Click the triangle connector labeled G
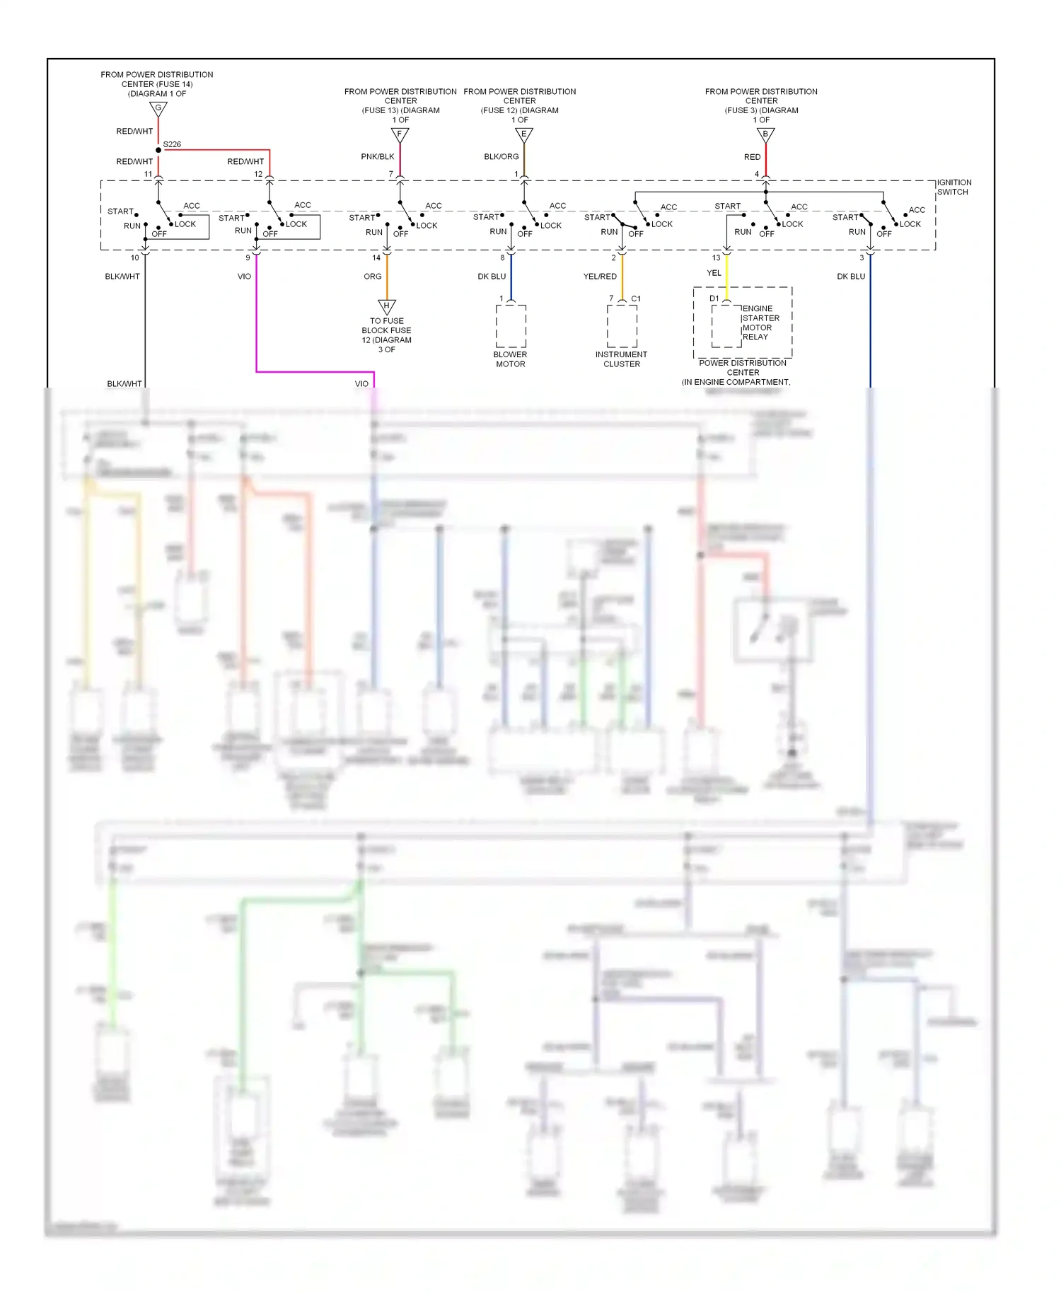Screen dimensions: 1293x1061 158,109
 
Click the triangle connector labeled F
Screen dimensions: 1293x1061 400,134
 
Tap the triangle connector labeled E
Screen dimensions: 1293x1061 523,134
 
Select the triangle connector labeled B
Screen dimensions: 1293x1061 765,134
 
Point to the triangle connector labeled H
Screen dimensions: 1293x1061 386,306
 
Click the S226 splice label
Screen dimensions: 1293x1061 172,144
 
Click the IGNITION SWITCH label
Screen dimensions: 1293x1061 953,187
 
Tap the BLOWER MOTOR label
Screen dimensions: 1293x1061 510,359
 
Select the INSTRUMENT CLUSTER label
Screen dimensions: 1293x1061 621,359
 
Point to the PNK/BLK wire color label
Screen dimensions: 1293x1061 378,156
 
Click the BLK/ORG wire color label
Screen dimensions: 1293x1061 501,156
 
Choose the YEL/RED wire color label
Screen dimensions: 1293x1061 600,277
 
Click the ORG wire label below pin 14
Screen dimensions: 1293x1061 373,277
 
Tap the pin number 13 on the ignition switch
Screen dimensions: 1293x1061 716,257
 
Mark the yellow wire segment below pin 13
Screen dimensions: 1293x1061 726,276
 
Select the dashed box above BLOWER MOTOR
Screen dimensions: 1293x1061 511,326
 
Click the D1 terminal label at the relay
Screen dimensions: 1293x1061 714,298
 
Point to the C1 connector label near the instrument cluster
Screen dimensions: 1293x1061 636,298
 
